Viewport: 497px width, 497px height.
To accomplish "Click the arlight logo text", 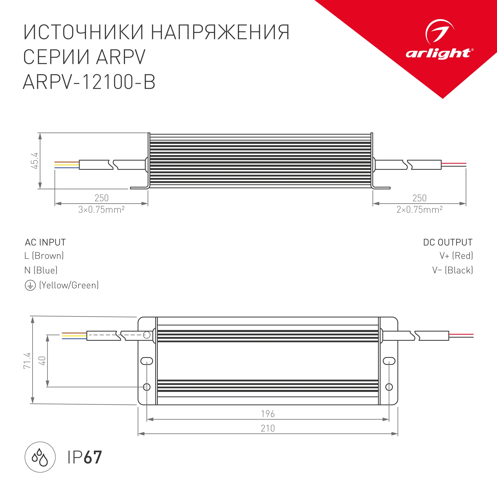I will (x=439, y=53).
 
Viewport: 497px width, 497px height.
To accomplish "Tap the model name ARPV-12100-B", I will (x=89, y=82).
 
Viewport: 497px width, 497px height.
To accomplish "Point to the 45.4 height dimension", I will (x=35, y=161).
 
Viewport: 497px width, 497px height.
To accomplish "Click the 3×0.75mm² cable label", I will (x=101, y=210).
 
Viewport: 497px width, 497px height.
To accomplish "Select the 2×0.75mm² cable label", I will (x=419, y=210).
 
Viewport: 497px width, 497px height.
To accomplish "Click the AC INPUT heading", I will (x=45, y=242).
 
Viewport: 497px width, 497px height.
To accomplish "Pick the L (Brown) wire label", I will (x=44, y=256).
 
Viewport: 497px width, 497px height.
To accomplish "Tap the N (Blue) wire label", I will (x=41, y=270).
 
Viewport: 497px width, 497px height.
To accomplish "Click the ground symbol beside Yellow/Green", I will (x=30, y=286).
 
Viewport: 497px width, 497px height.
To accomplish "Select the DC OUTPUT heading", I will (x=448, y=242).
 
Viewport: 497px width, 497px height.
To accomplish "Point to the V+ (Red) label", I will (x=456, y=256).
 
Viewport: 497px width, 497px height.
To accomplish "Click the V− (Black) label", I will (x=453, y=270).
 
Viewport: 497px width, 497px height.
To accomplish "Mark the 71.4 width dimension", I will (x=27, y=361).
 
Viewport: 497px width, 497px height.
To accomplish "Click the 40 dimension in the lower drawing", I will (x=42, y=361).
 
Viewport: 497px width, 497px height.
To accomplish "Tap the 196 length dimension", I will (x=268, y=414).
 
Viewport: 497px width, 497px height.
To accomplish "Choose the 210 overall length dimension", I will (x=268, y=428).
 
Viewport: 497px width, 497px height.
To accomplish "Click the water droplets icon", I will (x=40, y=457).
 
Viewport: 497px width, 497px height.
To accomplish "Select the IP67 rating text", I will (x=85, y=457).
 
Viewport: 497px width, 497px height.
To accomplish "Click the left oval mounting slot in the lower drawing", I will (x=147, y=361).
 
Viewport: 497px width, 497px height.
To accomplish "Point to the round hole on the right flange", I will (x=389, y=387).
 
